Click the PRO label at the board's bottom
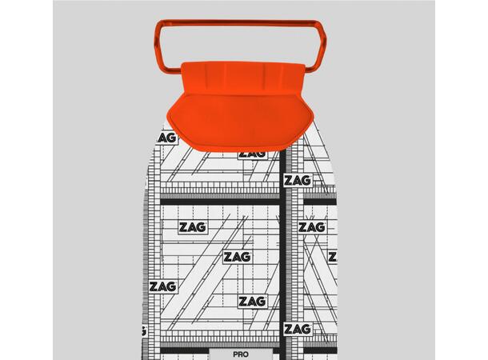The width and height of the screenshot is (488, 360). (241, 354)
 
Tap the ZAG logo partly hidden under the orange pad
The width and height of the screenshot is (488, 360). (253, 154)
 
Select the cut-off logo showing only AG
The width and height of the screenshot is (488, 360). (167, 138)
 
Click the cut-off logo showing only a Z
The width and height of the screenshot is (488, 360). (333, 257)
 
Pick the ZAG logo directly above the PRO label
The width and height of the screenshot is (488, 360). (252, 302)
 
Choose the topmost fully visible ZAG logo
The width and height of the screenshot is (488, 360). (298, 181)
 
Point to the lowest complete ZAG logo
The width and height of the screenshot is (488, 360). (298, 329)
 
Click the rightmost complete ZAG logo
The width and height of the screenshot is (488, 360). (311, 227)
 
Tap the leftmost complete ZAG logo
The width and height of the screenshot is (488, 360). (162, 286)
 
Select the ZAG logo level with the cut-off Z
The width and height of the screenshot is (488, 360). (238, 257)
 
